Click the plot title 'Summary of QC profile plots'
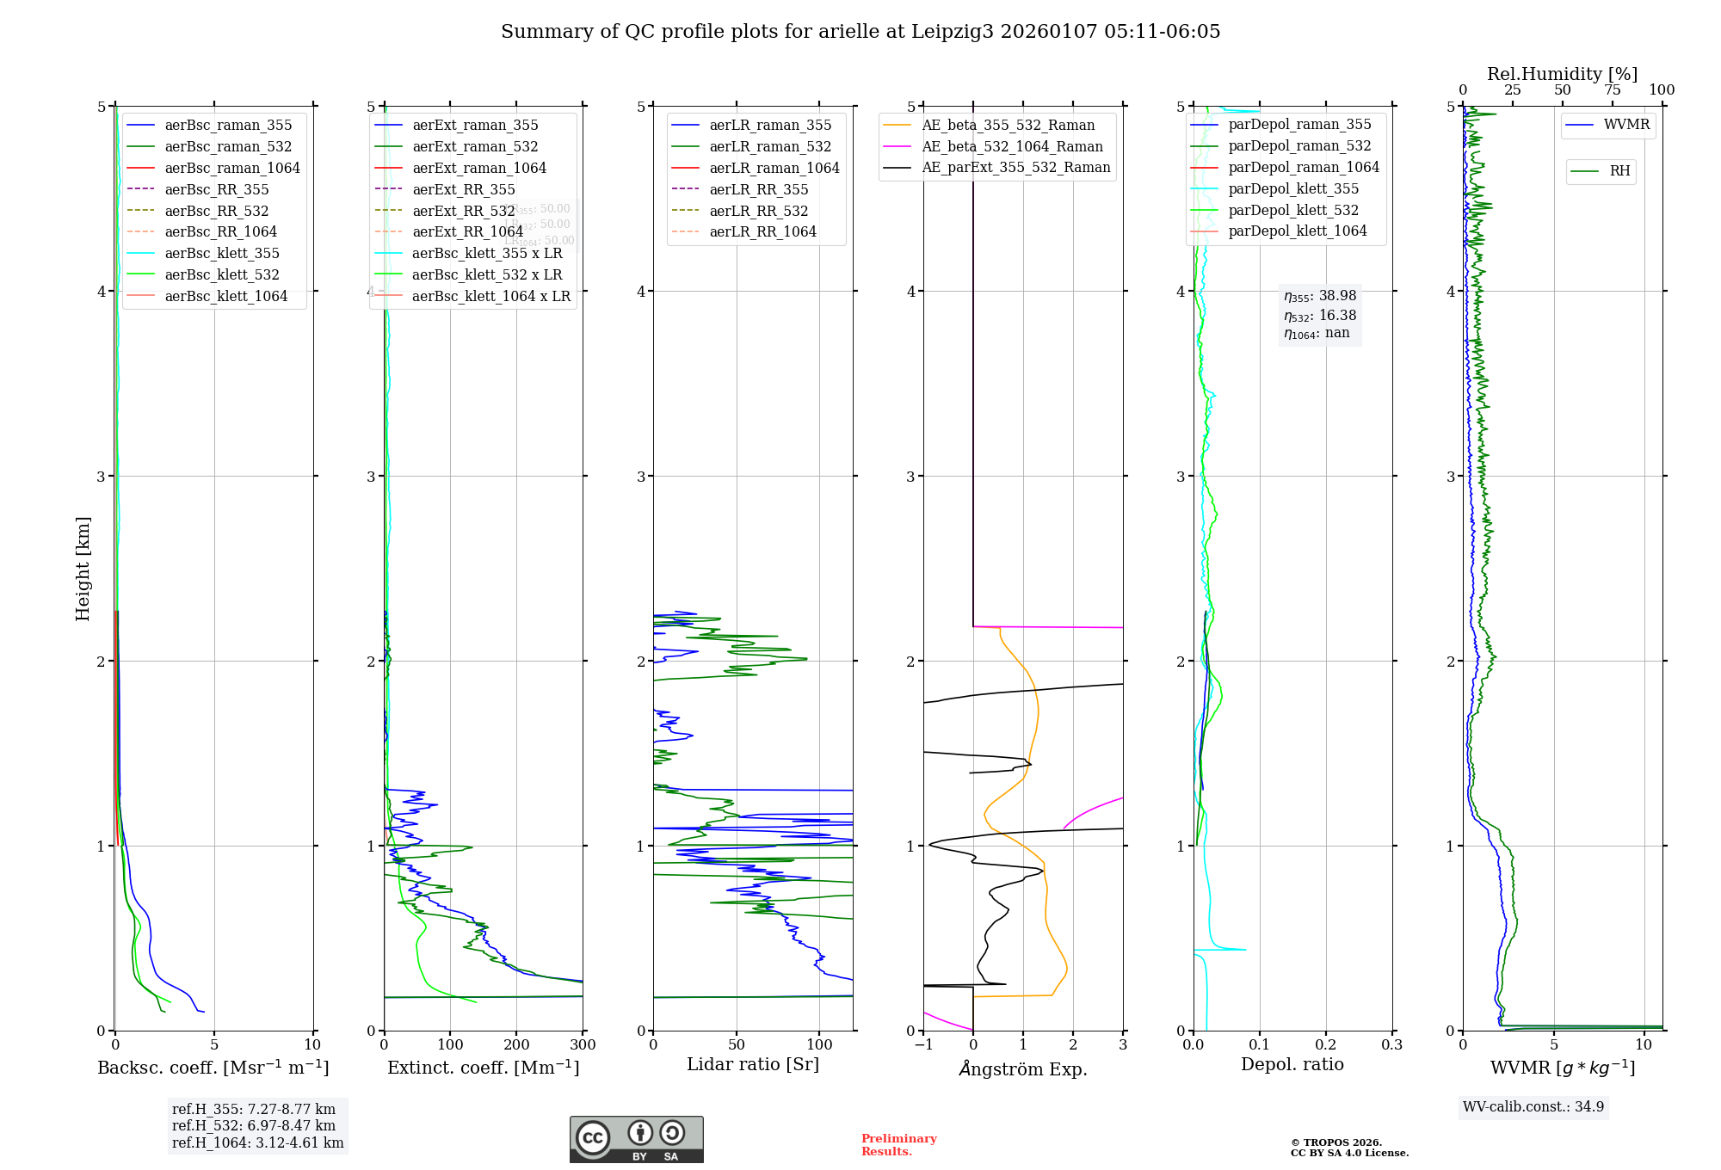point(860,32)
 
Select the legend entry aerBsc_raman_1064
point(232,168)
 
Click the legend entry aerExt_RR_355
point(463,189)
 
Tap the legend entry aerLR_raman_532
point(770,146)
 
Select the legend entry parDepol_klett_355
point(1293,188)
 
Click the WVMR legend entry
point(1626,125)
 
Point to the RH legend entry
point(1619,171)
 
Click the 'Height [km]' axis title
point(83,568)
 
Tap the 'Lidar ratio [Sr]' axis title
point(753,1064)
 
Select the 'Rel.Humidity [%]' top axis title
point(1562,74)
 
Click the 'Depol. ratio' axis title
point(1292,1064)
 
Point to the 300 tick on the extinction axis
point(583,1045)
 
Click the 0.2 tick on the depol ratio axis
point(1326,1045)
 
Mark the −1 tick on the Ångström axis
point(923,1045)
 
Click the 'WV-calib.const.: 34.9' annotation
point(1533,1106)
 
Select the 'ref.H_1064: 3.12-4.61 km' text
point(257,1142)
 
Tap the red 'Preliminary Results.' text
point(898,1145)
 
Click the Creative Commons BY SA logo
point(636,1139)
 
